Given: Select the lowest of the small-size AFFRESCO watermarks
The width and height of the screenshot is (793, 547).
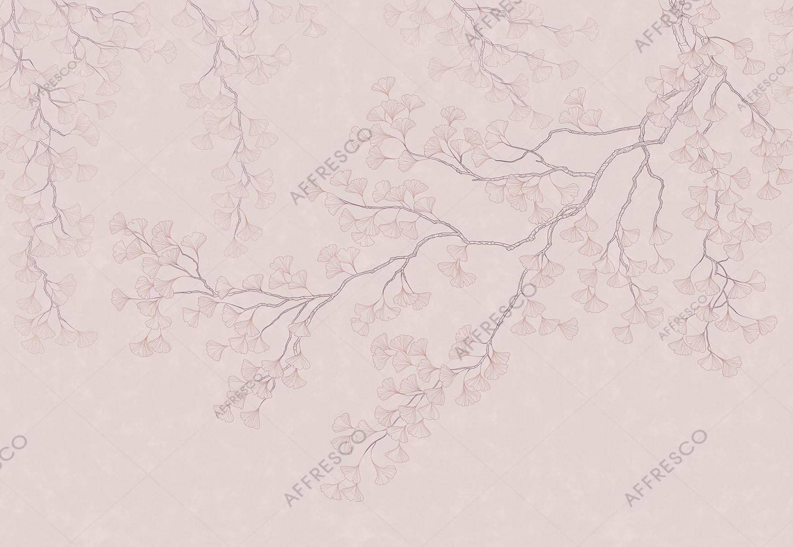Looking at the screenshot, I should (237, 397).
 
